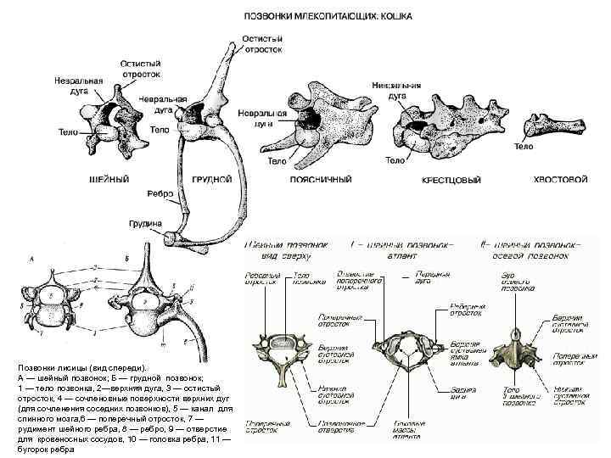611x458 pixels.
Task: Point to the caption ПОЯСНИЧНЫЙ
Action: point(316,180)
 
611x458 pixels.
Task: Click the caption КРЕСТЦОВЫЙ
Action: point(451,180)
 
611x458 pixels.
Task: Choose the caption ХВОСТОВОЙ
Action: point(560,179)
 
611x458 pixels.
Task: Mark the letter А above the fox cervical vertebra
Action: point(31,257)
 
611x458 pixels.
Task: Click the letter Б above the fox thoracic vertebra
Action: point(126,257)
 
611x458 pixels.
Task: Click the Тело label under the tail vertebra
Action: point(524,146)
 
